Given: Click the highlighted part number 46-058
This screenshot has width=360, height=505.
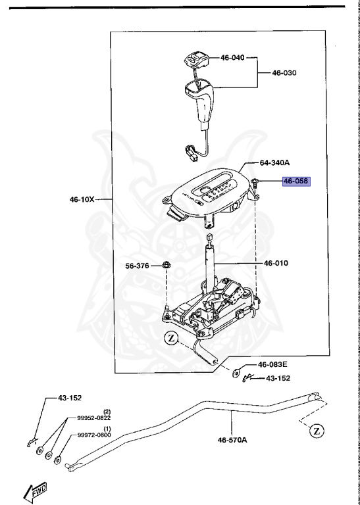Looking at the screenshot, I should (x=296, y=181).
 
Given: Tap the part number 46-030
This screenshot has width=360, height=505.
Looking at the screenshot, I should (x=284, y=72).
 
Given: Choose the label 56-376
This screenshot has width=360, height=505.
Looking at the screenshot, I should (x=138, y=266).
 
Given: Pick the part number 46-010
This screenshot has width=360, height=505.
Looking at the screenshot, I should (x=276, y=264).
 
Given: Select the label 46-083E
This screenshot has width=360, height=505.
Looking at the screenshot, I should (x=272, y=364).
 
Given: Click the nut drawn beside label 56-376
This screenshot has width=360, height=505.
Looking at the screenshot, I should (x=166, y=266).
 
